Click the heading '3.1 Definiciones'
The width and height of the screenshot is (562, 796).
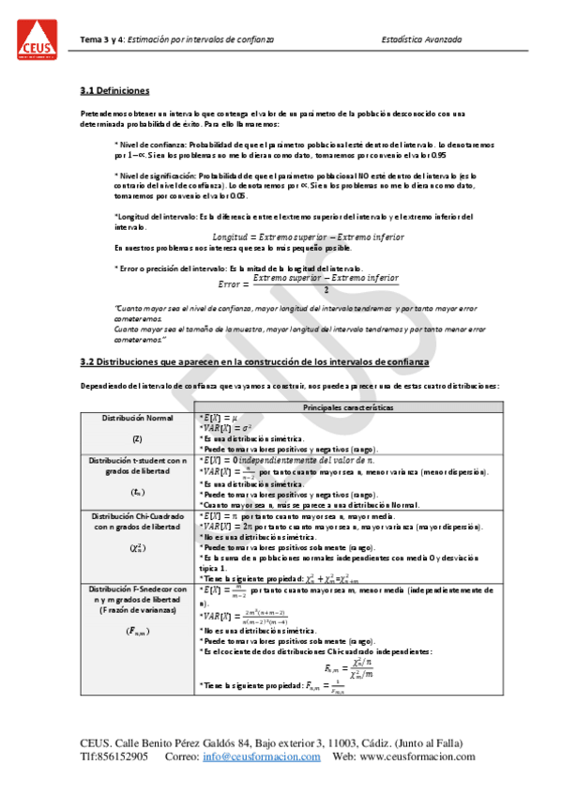coord(114,91)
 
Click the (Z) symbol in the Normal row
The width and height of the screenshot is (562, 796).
coord(137,438)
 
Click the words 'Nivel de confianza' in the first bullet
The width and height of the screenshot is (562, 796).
coord(150,145)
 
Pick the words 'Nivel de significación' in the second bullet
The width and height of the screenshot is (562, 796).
coord(156,176)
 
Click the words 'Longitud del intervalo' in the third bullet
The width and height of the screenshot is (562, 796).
coord(155,217)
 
